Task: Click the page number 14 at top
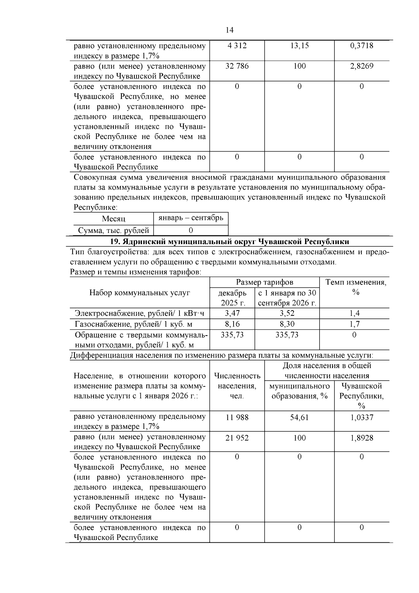[x=229, y=30]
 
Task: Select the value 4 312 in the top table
[x=237, y=46]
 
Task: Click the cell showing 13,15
[x=299, y=46]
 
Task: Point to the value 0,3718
[x=361, y=46]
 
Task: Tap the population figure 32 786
[x=237, y=66]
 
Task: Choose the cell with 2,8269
[x=361, y=66]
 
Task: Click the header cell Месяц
[x=113, y=219]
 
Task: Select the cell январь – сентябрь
[x=191, y=218]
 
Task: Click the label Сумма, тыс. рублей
[x=113, y=230]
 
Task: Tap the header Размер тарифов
[x=264, y=282]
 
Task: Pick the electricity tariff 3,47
[x=232, y=313]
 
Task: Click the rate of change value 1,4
[x=354, y=313]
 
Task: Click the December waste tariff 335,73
[x=232, y=335]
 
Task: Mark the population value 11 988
[x=237, y=417]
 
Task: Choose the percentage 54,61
[x=299, y=417]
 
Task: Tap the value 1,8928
[x=361, y=438]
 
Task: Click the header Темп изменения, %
[x=355, y=287]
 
